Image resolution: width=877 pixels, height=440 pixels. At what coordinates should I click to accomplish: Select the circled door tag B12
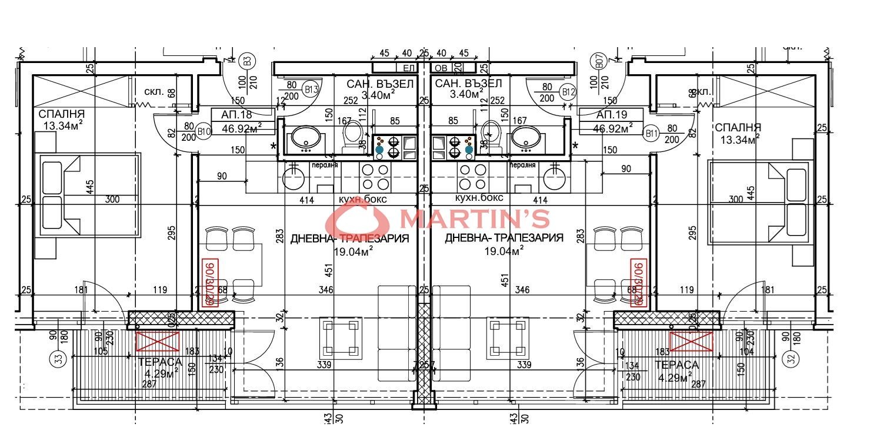568,92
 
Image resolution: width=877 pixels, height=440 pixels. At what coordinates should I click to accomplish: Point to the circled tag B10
204,132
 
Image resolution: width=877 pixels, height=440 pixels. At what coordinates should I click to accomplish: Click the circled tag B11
651,134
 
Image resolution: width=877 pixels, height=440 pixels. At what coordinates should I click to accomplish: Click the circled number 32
791,357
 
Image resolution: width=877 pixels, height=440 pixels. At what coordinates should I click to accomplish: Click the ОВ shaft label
441,68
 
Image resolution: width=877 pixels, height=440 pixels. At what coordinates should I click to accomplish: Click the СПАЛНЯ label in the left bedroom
61,114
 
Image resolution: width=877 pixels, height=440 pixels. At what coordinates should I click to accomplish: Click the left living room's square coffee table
341,334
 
